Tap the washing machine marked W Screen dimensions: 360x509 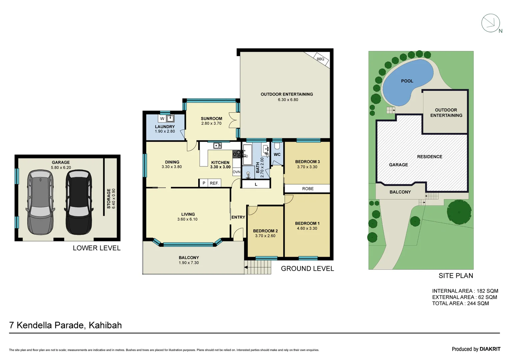point(162,118)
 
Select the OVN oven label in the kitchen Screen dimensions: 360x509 point(237,172)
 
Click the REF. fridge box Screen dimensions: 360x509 point(214,183)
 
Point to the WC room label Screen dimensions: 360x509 point(277,154)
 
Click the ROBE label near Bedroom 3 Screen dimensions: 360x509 point(308,189)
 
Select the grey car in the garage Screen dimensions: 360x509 point(40,202)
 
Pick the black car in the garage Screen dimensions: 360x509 point(79,202)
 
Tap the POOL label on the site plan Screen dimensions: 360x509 point(407,81)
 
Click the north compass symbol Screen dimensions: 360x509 point(491,23)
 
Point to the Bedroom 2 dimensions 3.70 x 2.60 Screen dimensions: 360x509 point(265,236)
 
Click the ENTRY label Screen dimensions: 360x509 point(238,217)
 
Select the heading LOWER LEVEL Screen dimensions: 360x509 point(97,248)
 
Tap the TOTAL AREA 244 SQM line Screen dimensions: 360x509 point(460,303)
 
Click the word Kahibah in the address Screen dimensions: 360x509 point(105,325)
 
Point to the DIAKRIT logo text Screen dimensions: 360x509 point(490,349)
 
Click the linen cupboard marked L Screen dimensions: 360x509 point(256,184)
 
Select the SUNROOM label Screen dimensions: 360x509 point(211,118)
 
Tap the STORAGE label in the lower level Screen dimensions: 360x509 point(109,199)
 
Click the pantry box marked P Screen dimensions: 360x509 point(204,183)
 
